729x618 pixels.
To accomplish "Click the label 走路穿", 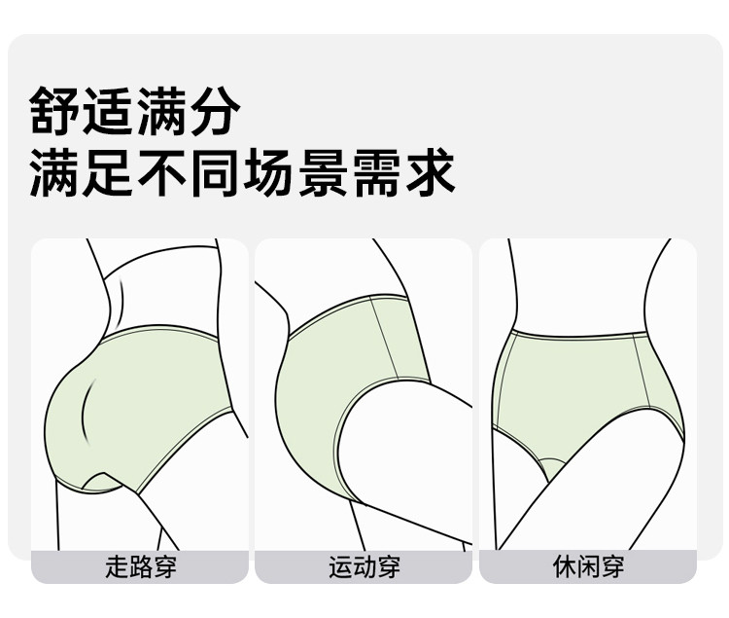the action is point(140,566).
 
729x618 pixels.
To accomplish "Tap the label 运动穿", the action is point(364,566).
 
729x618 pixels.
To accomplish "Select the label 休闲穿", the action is point(587,566).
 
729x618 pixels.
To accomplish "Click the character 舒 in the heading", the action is point(56,111).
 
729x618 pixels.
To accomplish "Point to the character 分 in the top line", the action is point(213,111).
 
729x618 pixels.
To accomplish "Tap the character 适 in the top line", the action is point(109,111).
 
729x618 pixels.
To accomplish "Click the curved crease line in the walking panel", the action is point(87,409).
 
